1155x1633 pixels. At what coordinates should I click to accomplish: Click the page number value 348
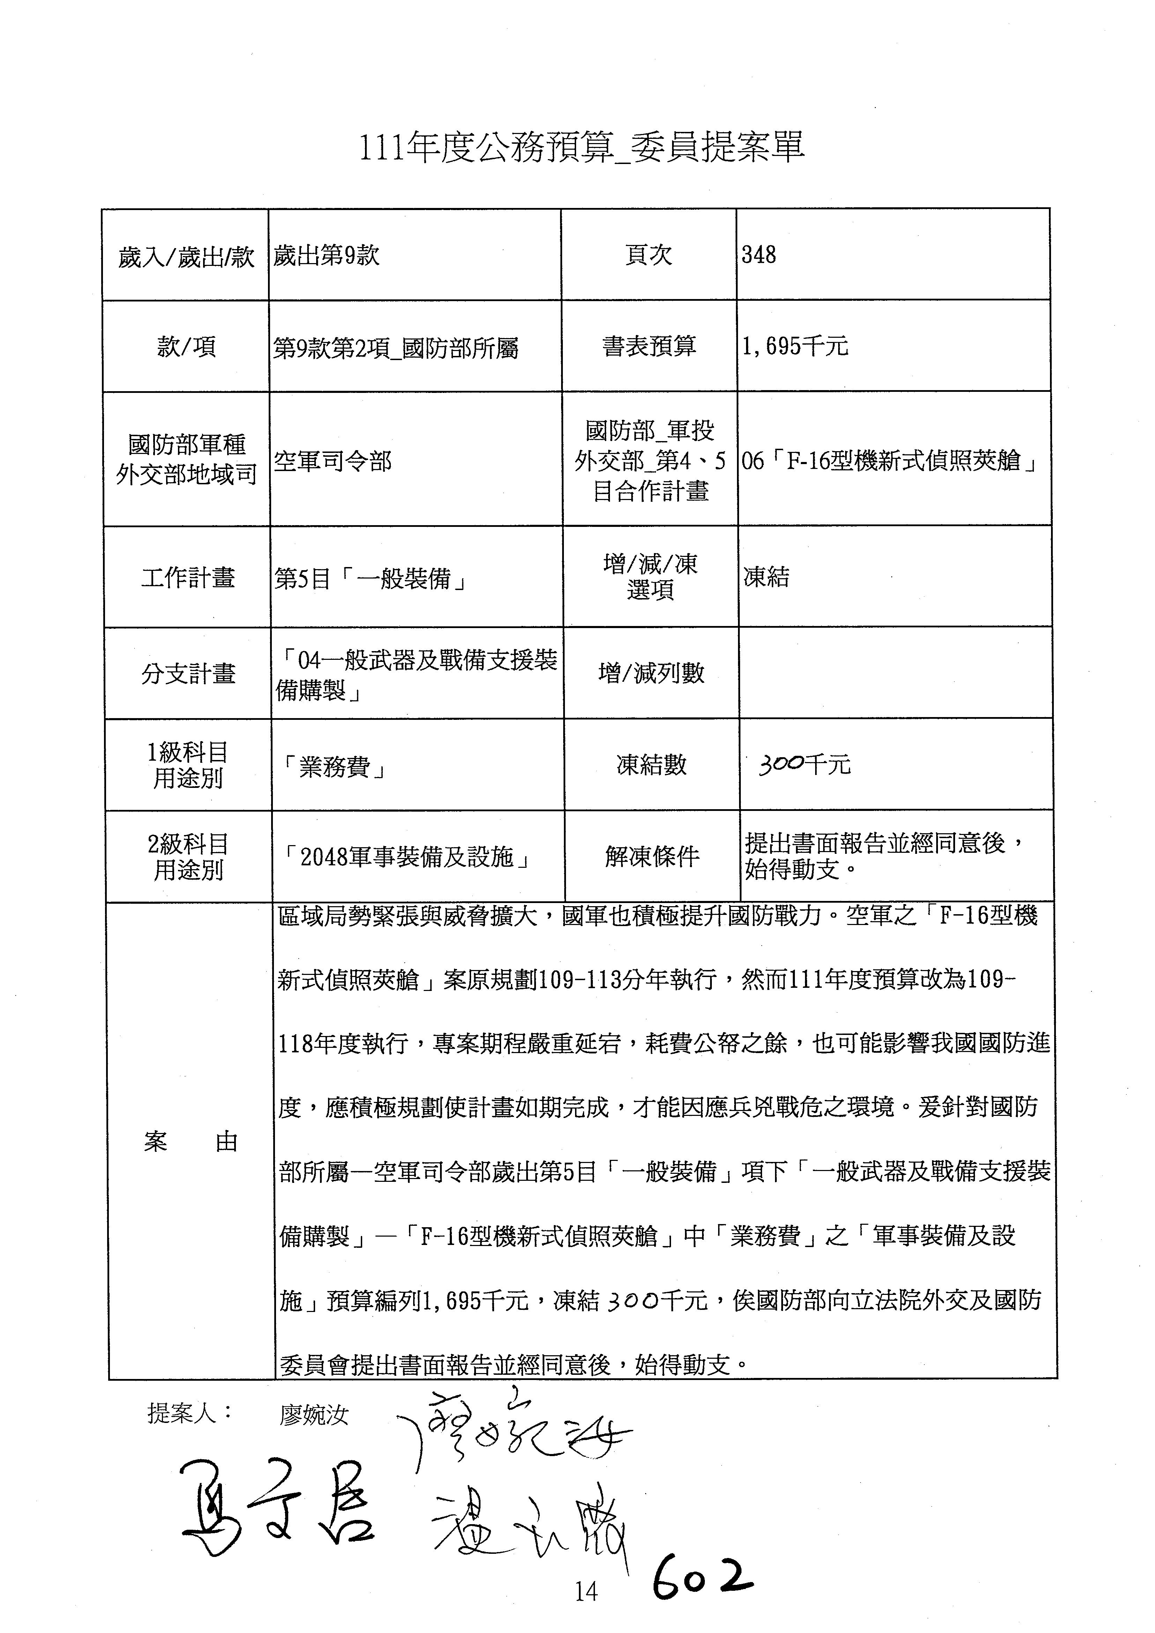(759, 255)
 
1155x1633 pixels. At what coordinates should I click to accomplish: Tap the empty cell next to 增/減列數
(895, 673)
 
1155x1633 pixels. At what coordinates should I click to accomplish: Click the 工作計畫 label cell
(188, 577)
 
